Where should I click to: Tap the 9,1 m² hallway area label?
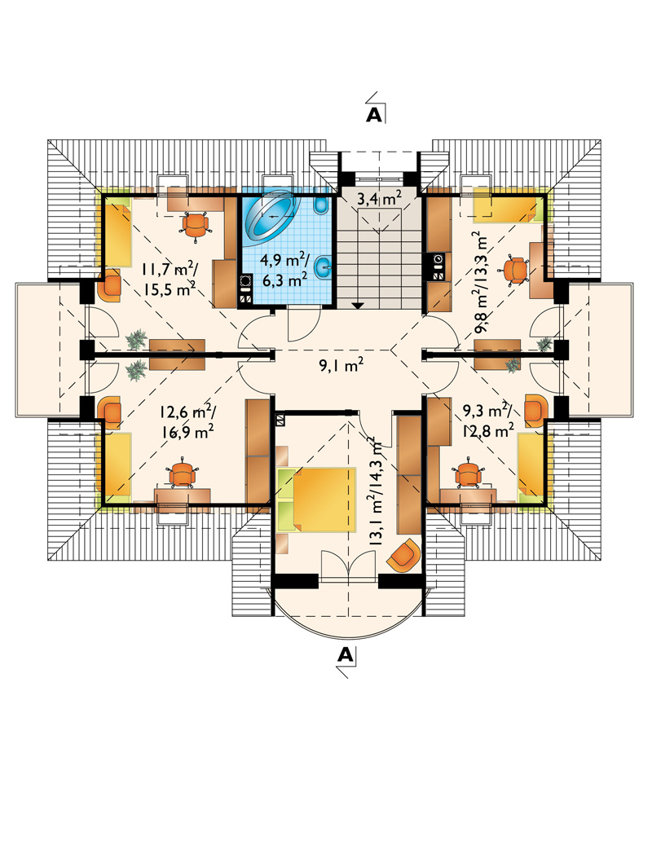click(x=340, y=367)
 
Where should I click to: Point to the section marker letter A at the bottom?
click(x=345, y=655)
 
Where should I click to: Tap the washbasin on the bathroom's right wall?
click(x=323, y=266)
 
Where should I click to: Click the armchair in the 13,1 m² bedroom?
click(x=404, y=555)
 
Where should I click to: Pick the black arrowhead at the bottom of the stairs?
click(x=357, y=305)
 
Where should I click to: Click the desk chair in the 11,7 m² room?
click(x=196, y=224)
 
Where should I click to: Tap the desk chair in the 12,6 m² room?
click(x=183, y=473)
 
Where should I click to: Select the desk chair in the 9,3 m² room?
click(x=468, y=473)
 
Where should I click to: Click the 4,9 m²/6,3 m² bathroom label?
click(x=284, y=270)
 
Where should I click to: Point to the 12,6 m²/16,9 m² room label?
click(x=186, y=421)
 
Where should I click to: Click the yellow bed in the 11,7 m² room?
click(x=117, y=232)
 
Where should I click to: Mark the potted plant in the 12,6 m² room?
click(x=137, y=371)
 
